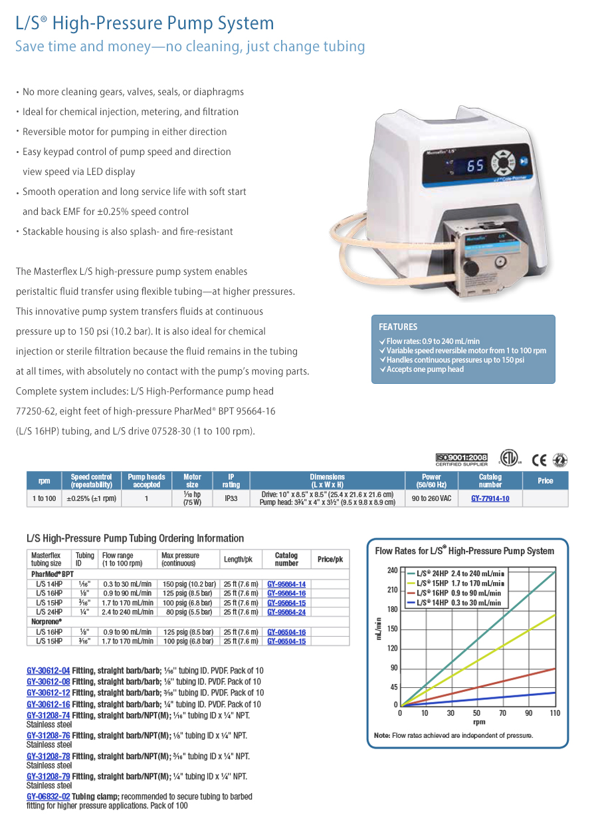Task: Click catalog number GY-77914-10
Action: [x=490, y=498]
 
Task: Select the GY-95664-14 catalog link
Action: [x=286, y=584]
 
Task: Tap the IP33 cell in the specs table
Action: [x=231, y=498]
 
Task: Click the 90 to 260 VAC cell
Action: [x=431, y=498]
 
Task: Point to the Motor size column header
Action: [x=192, y=480]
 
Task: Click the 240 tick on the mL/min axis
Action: [x=392, y=570]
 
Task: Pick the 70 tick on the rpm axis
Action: [x=502, y=713]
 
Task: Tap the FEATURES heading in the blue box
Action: [x=398, y=327]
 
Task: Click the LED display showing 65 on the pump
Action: [x=475, y=166]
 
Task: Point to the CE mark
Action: [x=539, y=459]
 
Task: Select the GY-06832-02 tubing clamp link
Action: [x=49, y=796]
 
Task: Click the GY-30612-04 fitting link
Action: [x=49, y=671]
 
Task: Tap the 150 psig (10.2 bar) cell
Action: [x=189, y=584]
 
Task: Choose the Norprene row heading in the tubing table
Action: [x=46, y=621]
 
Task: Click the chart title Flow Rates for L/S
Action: [x=464, y=551]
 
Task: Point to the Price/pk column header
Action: [x=330, y=559]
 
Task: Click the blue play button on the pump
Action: [x=524, y=161]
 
